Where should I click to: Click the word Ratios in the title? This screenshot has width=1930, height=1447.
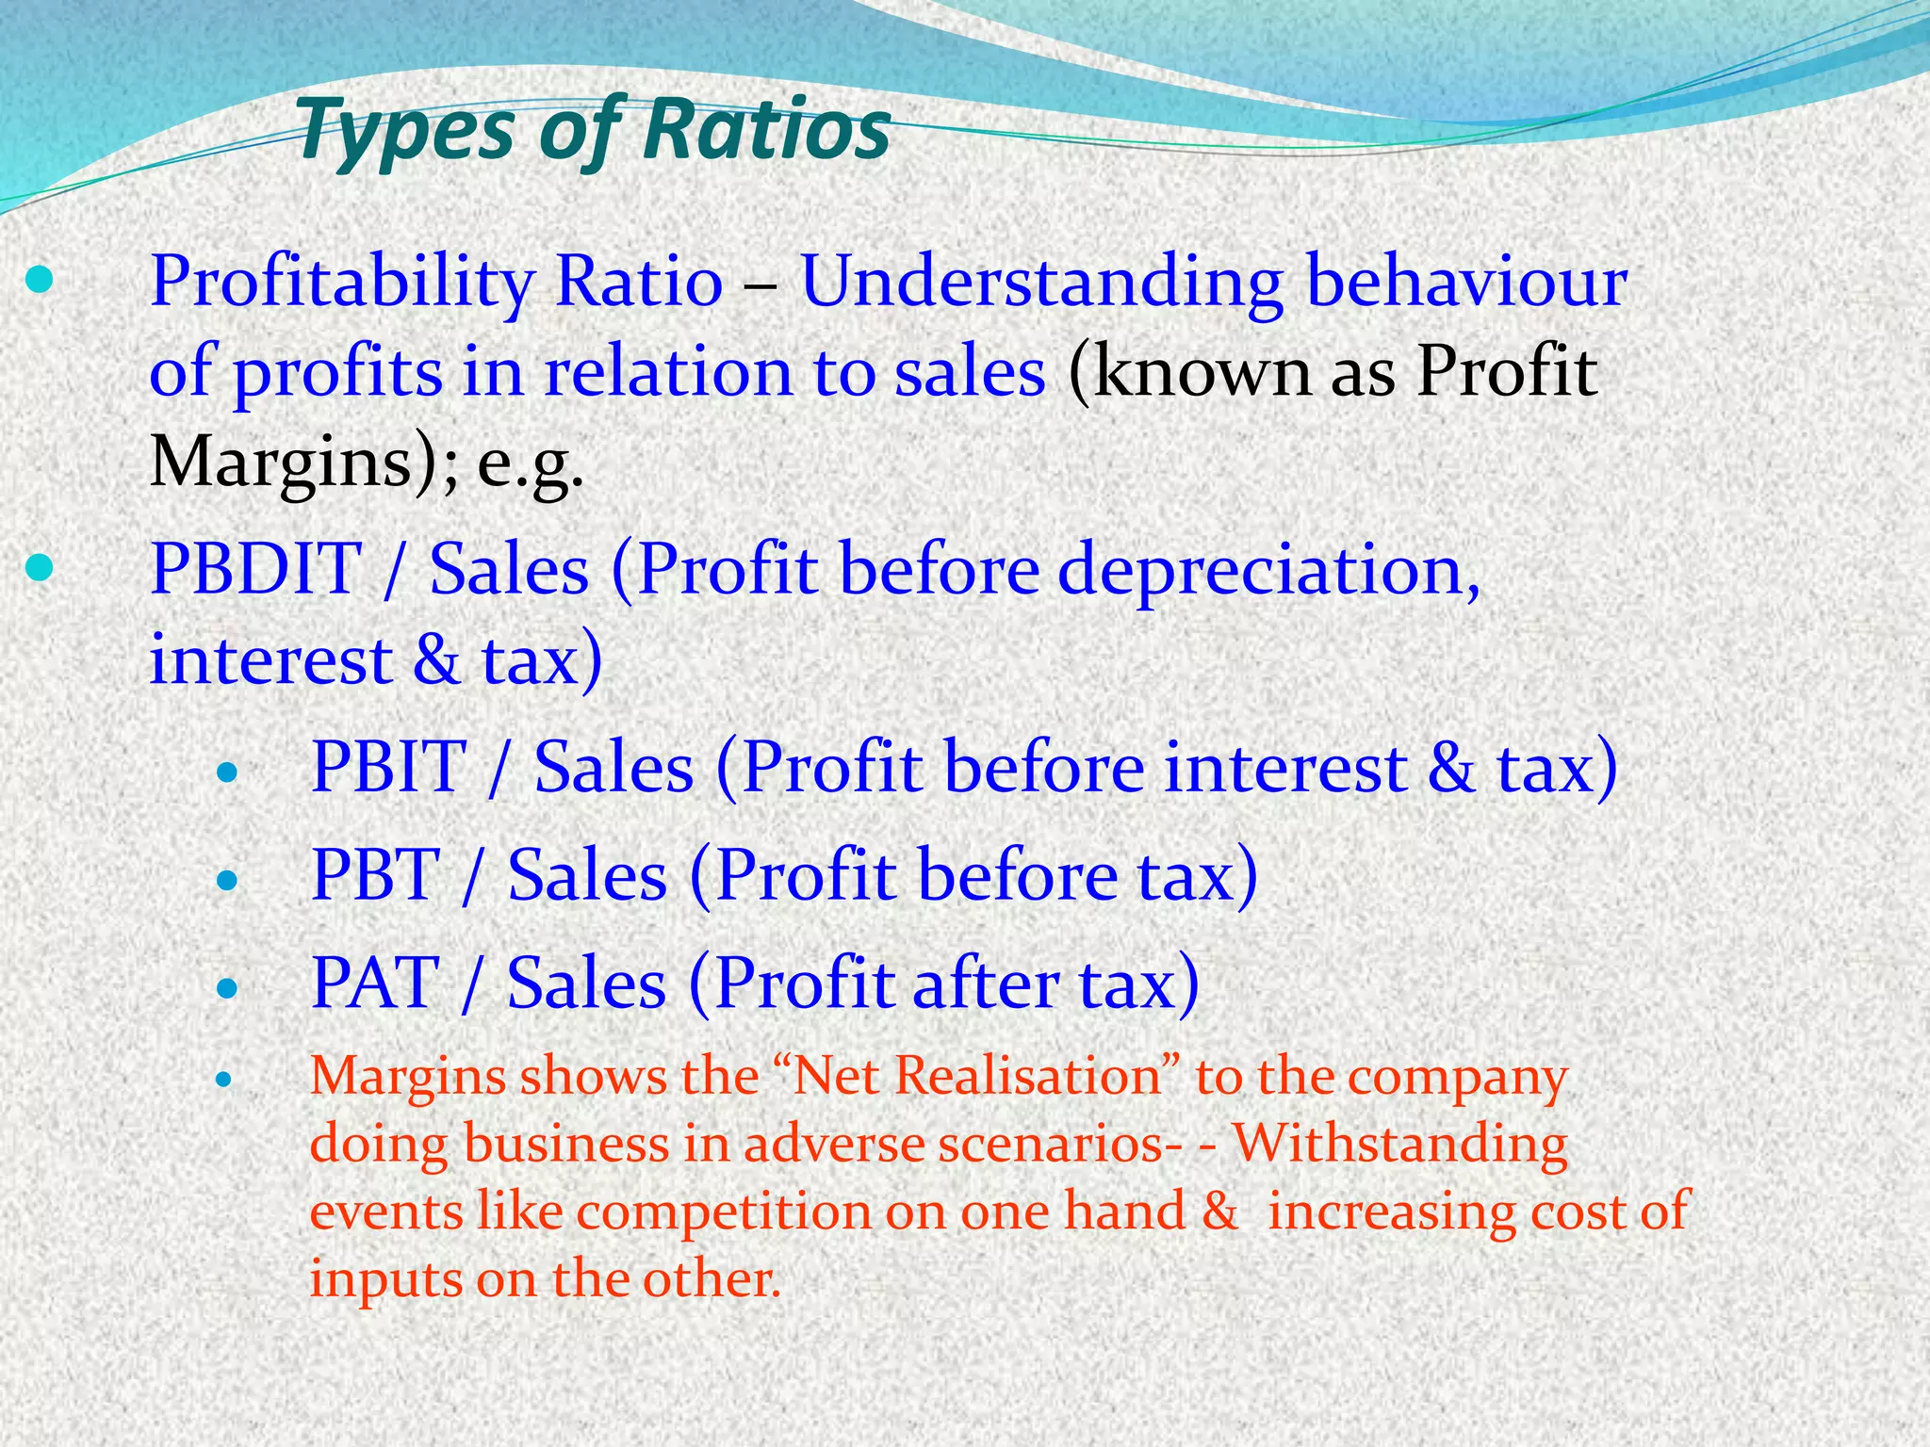point(768,129)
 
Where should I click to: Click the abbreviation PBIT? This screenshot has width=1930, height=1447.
point(388,767)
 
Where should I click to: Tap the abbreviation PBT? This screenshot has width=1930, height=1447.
point(375,875)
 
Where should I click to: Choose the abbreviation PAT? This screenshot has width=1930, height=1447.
point(375,984)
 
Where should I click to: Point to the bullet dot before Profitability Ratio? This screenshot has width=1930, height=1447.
point(40,280)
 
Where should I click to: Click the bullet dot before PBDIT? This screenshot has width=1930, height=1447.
point(40,568)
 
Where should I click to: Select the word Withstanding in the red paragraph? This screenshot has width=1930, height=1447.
point(1400,1144)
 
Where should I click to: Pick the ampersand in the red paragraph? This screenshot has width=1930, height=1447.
point(1220,1211)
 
